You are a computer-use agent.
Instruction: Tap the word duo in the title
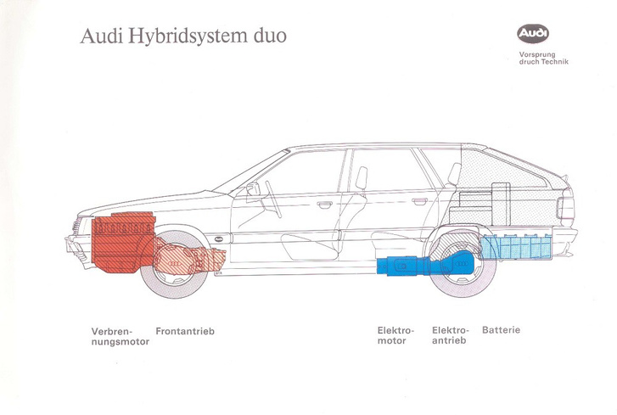tap(265, 37)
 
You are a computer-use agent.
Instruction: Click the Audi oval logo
tap(533, 34)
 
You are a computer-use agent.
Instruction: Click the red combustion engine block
tap(123, 241)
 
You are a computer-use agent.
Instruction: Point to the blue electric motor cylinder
tap(400, 265)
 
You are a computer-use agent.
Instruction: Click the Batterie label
tap(501, 330)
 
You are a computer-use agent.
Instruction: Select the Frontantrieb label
tap(185, 330)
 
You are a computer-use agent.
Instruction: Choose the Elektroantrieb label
tap(451, 335)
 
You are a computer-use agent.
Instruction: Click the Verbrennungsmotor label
tap(116, 335)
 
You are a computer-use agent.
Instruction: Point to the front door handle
tap(325, 204)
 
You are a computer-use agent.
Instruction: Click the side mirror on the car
tap(252, 190)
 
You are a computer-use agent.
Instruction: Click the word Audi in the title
tap(98, 38)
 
